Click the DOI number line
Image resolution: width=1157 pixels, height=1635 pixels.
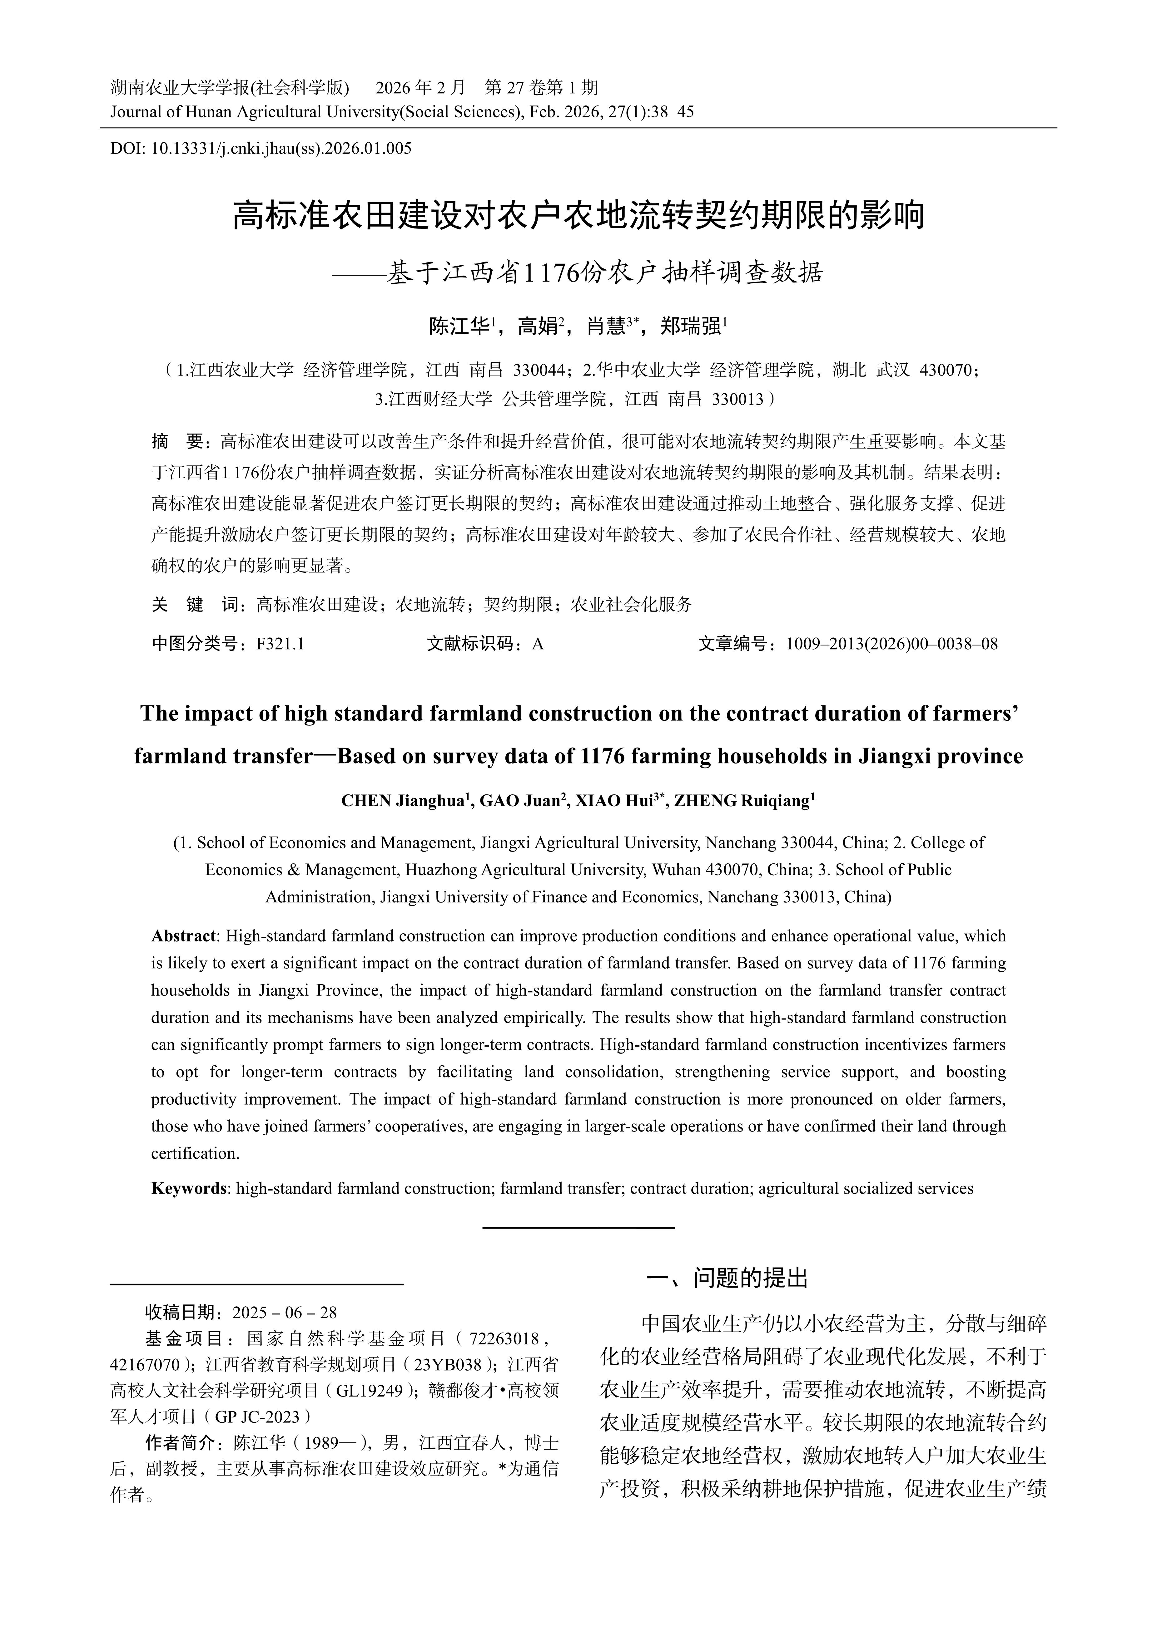tap(261, 149)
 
